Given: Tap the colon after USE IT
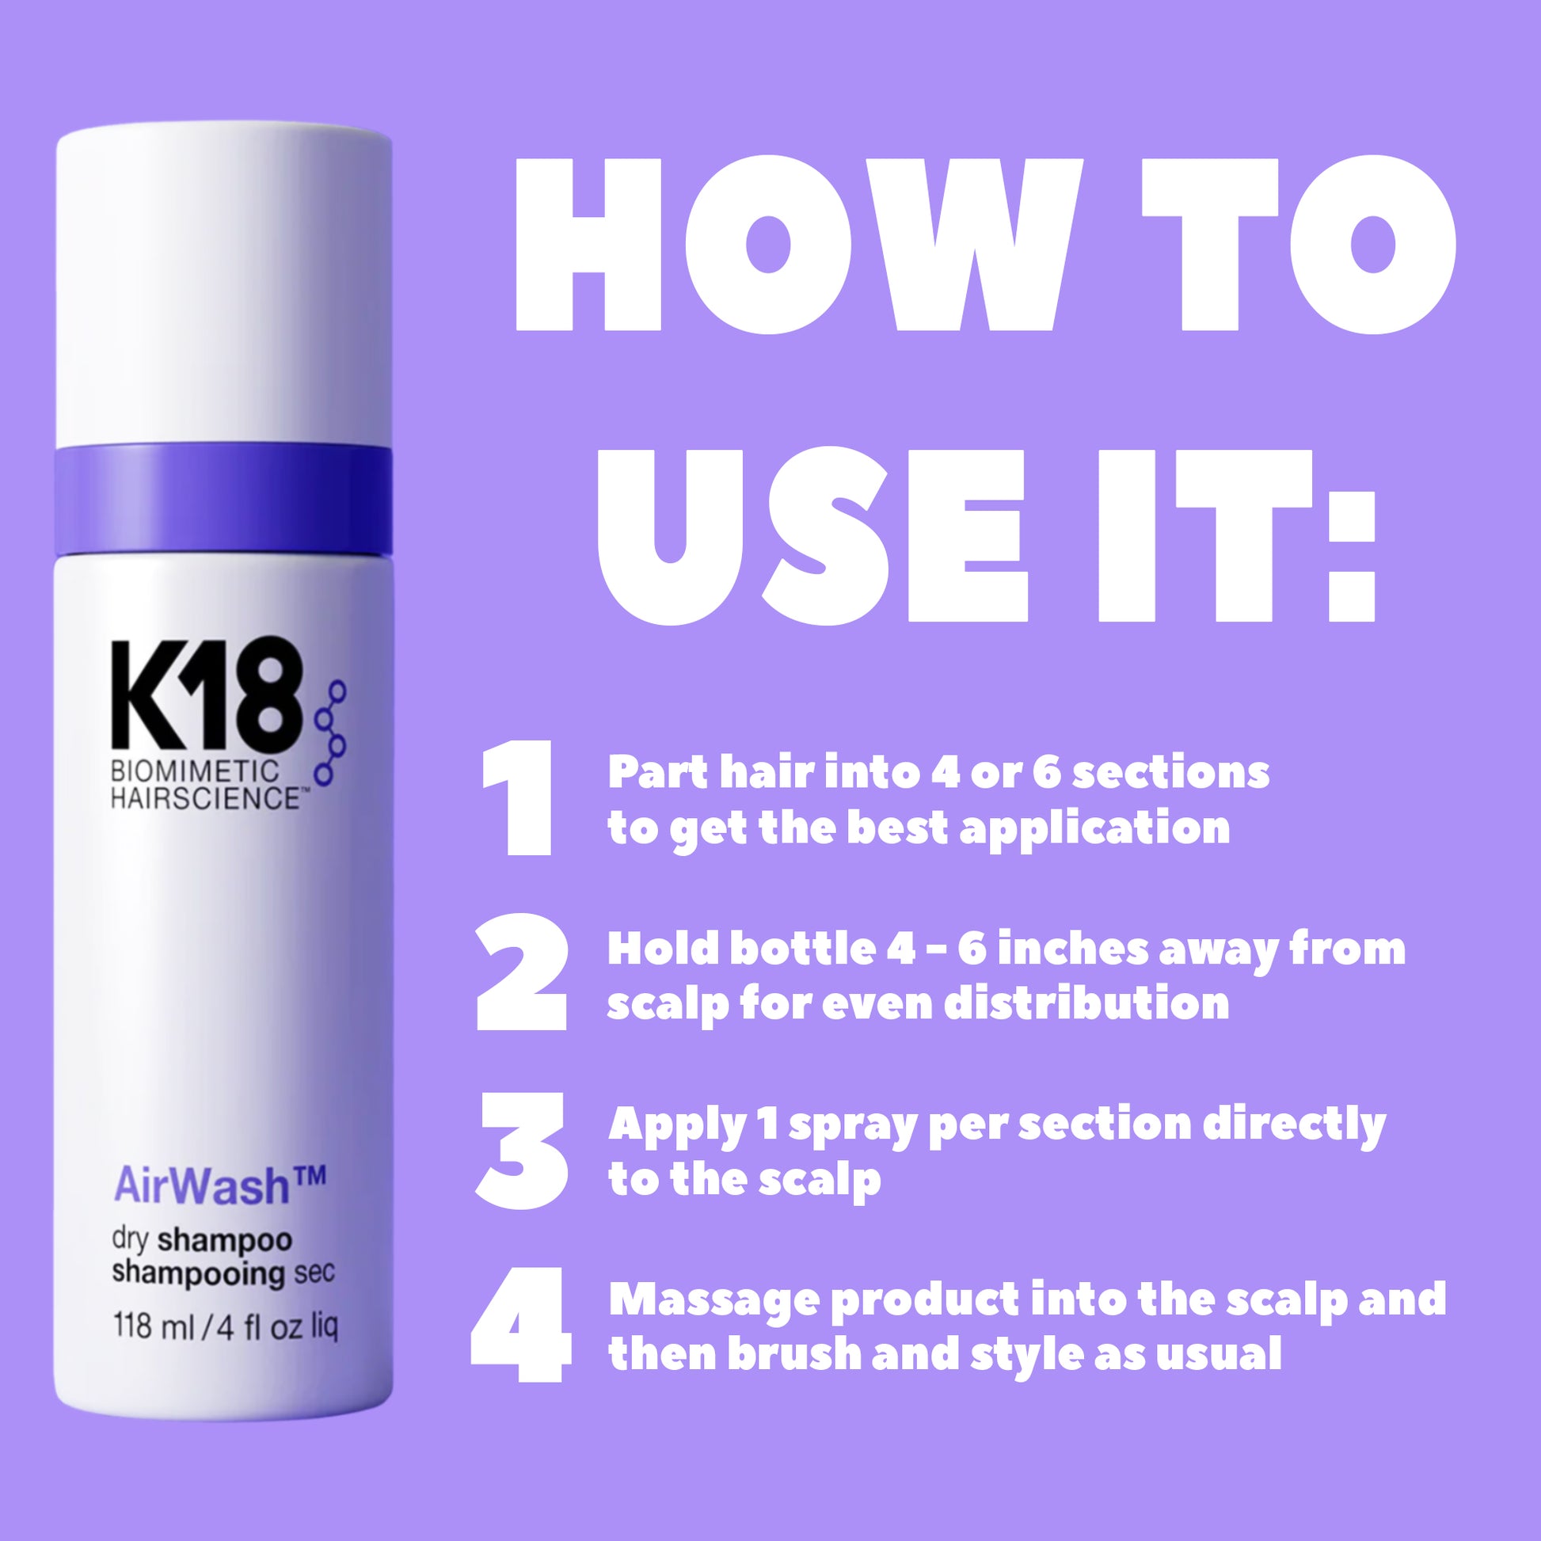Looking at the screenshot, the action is point(1352,555).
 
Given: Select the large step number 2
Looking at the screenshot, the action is point(523,972).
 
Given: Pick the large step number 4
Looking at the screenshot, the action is point(522,1325).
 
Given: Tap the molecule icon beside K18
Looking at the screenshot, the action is point(330,732).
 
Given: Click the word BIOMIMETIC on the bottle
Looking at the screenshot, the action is point(196,771).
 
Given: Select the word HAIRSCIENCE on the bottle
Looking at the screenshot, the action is point(205,798).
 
